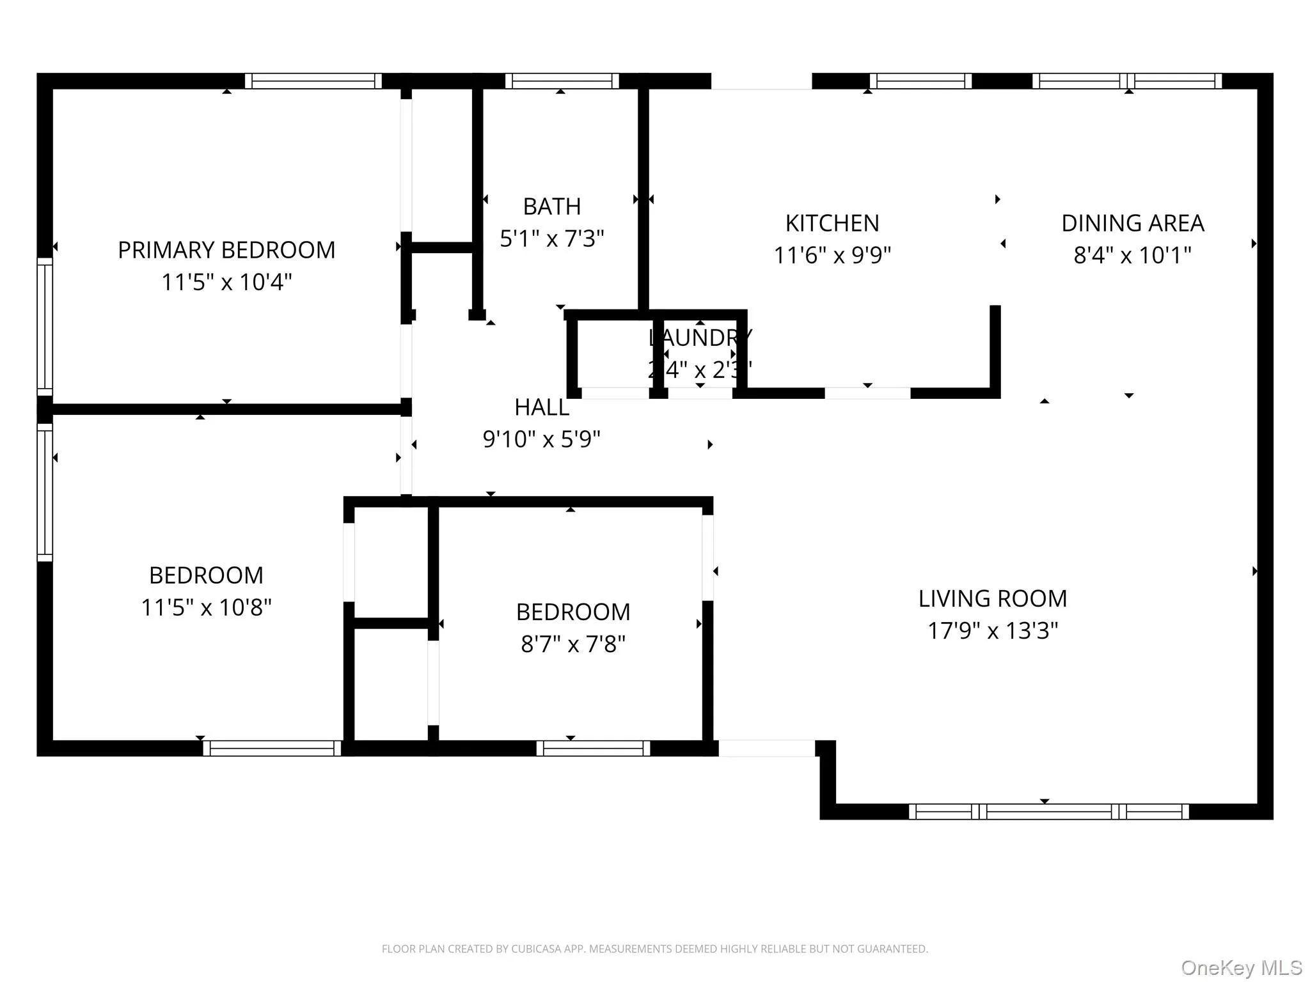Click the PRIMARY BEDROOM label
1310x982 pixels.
pos(226,250)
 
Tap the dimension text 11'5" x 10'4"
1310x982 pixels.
pos(226,282)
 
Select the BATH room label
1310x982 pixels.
pos(552,207)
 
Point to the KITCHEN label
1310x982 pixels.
pos(832,223)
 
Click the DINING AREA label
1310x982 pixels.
pos(1132,223)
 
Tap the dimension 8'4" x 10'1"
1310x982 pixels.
pos(1132,255)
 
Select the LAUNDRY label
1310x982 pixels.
pos(700,338)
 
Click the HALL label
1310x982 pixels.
pos(542,407)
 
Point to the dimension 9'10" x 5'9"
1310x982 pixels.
pos(542,439)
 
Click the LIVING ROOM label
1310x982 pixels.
pos(993,599)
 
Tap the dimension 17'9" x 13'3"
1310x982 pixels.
pos(993,631)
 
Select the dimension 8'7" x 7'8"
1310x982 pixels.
pos(573,644)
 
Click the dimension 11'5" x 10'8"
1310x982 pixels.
pos(206,607)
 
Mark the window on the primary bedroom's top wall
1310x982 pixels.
pos(313,81)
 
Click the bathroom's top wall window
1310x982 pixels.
pos(562,81)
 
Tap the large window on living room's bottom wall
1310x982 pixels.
pos(1049,812)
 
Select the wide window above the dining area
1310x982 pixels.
pos(1127,81)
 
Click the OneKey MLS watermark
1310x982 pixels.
pos(1241,967)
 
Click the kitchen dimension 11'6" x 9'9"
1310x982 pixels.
pos(832,255)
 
